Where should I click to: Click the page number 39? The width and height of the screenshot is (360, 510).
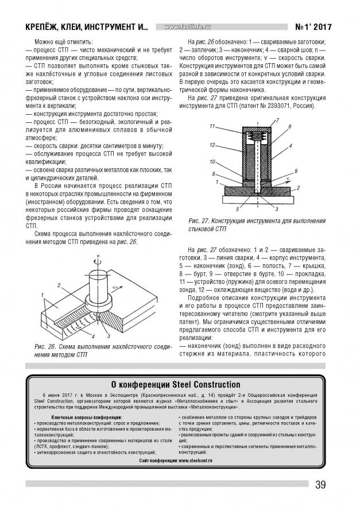point(320,485)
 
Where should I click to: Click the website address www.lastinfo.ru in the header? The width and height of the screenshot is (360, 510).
point(187,27)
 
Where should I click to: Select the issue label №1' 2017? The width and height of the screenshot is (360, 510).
point(313,26)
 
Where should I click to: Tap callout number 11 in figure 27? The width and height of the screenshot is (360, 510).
point(212,126)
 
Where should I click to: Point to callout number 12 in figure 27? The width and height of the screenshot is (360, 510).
point(212,145)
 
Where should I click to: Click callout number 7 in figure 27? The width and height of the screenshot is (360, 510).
point(277,121)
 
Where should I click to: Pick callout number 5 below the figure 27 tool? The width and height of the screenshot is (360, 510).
point(237,209)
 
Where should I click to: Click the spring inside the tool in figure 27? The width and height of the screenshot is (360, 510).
point(257,135)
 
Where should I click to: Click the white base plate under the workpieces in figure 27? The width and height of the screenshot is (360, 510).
point(257,199)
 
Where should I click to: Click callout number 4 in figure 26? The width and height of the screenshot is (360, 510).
point(93,337)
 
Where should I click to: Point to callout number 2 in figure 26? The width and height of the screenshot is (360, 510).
point(59,285)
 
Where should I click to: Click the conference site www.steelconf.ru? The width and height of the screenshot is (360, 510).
point(195,461)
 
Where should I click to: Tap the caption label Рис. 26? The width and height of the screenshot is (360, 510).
point(44,346)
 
